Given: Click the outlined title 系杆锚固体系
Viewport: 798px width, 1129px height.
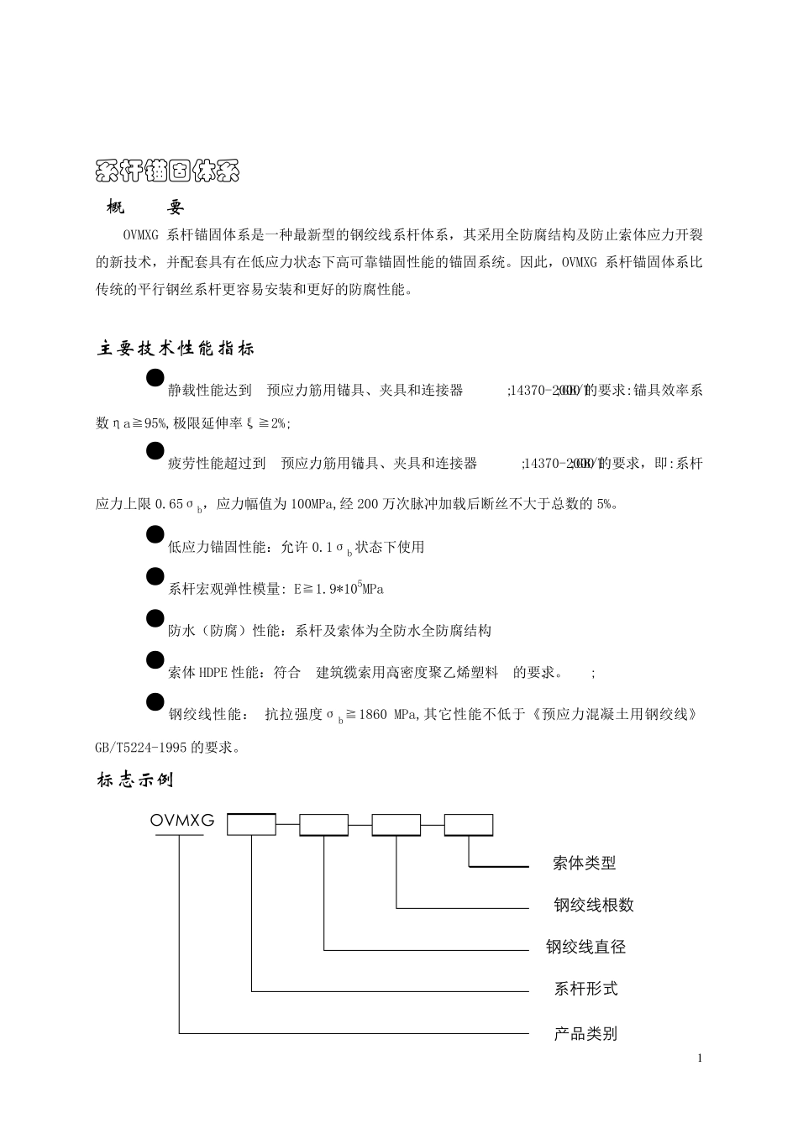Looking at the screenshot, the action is pyautogui.click(x=168, y=171).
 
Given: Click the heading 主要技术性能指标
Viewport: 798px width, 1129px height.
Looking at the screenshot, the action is pyautogui.click(x=176, y=349).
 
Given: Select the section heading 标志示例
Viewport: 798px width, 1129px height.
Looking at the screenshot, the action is pyautogui.click(x=135, y=780).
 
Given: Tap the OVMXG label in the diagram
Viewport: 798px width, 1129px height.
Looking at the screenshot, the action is pyautogui.click(x=182, y=821).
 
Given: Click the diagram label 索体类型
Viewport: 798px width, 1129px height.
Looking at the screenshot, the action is pyautogui.click(x=585, y=863).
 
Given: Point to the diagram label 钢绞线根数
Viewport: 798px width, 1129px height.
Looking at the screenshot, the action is pyautogui.click(x=593, y=905).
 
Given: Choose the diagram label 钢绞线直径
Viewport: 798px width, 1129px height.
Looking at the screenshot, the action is pyautogui.click(x=586, y=947).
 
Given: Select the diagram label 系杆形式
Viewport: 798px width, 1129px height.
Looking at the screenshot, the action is pyautogui.click(x=585, y=989).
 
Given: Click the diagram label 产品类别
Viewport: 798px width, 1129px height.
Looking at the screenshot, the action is pyautogui.click(x=585, y=1033).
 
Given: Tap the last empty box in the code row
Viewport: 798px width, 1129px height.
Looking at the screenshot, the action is pyautogui.click(x=469, y=825).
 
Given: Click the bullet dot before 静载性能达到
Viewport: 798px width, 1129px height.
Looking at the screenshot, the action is pyautogui.click(x=155, y=378).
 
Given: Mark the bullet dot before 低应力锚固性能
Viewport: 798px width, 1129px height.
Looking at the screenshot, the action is pyautogui.click(x=155, y=535).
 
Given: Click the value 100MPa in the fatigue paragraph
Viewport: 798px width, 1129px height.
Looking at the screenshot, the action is pyautogui.click(x=312, y=505).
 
